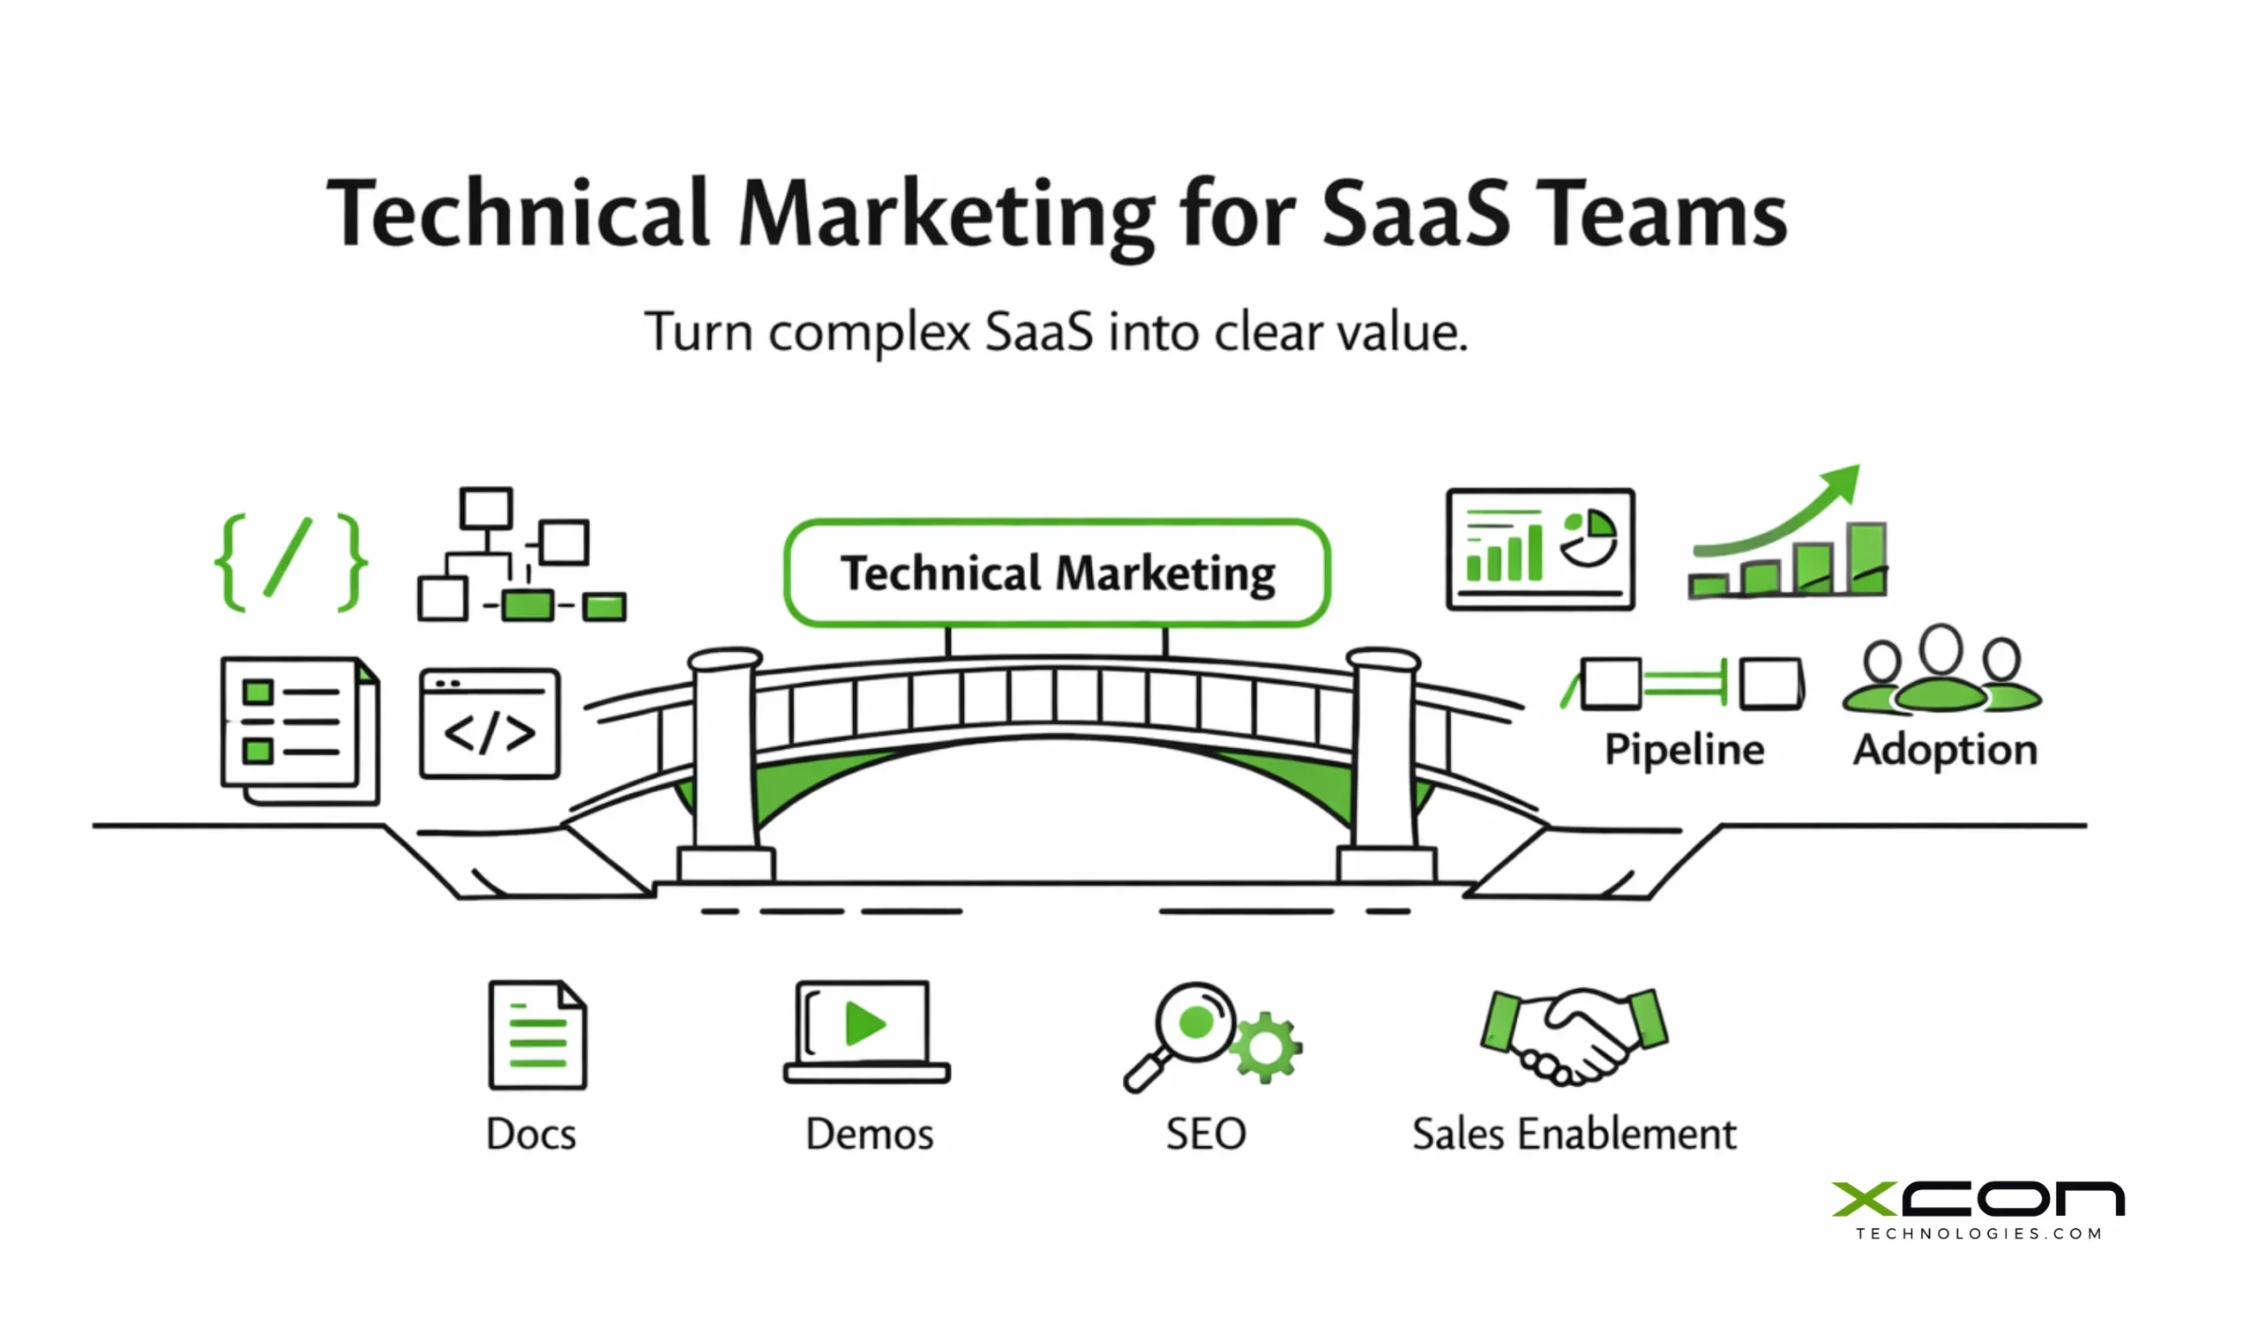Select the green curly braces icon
tap(290, 562)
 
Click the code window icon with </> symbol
tap(490, 724)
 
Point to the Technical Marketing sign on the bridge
tap(1057, 573)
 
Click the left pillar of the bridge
tap(725, 753)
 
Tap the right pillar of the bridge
tap(1385, 753)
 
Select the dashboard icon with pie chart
tap(1539, 550)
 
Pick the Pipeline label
tap(1684, 750)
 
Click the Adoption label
tap(1944, 750)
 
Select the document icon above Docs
tap(537, 1035)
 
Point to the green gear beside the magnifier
tap(1264, 1046)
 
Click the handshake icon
tap(1574, 1035)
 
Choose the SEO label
tap(1205, 1135)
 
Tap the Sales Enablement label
tap(1574, 1135)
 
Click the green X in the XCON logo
tap(1864, 1199)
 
